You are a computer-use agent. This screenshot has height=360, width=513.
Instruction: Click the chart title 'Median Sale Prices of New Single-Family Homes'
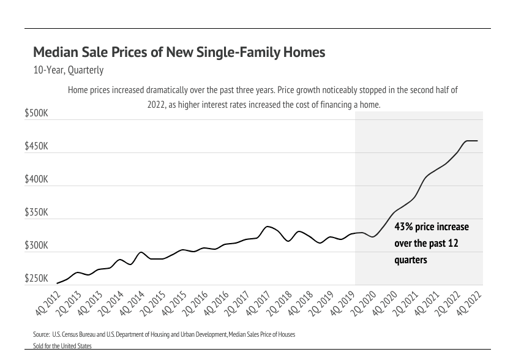point(179,53)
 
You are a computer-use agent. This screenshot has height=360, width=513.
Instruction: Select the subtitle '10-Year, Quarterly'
point(69,70)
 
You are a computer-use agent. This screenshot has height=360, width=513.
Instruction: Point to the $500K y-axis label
point(36,114)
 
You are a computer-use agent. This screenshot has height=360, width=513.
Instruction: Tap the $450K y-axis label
point(36,147)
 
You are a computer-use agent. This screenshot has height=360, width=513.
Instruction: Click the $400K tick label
point(36,180)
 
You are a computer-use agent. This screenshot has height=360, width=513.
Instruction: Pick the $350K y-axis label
point(36,213)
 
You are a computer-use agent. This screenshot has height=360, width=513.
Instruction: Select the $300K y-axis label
point(36,246)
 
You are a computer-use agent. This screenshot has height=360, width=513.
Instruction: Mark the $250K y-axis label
point(36,279)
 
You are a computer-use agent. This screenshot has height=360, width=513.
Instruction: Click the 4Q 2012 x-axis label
point(48,303)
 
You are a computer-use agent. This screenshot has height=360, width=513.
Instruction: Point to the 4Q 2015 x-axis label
point(174,303)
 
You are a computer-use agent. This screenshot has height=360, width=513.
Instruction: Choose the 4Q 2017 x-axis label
point(259,303)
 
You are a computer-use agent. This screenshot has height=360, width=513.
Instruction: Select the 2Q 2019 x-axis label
point(322,303)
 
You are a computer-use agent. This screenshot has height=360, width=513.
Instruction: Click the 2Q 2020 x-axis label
point(364,303)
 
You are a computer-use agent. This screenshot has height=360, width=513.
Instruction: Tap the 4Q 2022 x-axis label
point(469,303)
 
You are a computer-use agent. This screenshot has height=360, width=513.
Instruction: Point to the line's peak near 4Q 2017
point(268,227)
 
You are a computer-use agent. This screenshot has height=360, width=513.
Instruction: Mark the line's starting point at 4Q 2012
point(57,283)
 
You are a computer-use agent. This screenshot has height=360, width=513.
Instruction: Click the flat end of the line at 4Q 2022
point(477,141)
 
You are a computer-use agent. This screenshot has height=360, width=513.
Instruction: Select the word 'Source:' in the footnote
point(42,335)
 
